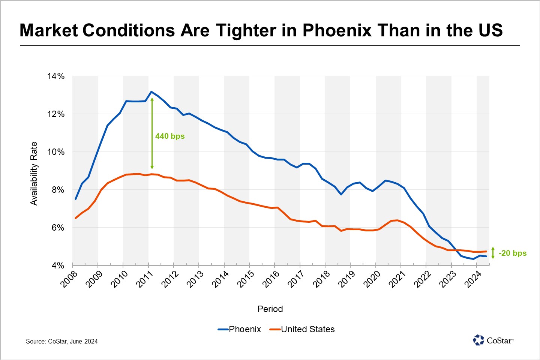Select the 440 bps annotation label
tap(170, 136)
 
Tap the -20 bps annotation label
tap(512, 253)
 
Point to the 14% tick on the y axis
tap(55, 76)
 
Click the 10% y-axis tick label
tap(55, 152)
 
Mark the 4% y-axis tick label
tap(57, 265)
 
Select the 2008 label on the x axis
tap(69, 279)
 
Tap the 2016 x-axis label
tap(271, 279)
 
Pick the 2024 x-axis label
tap(472, 279)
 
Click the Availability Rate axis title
tap(34, 174)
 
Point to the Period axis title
tap(270, 309)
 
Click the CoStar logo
tap(493, 340)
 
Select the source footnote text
tap(62, 341)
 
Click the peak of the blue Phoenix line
tap(151, 91)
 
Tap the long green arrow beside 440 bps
tap(152, 133)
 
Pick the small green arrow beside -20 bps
tap(493, 253)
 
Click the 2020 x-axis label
tap(372, 279)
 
